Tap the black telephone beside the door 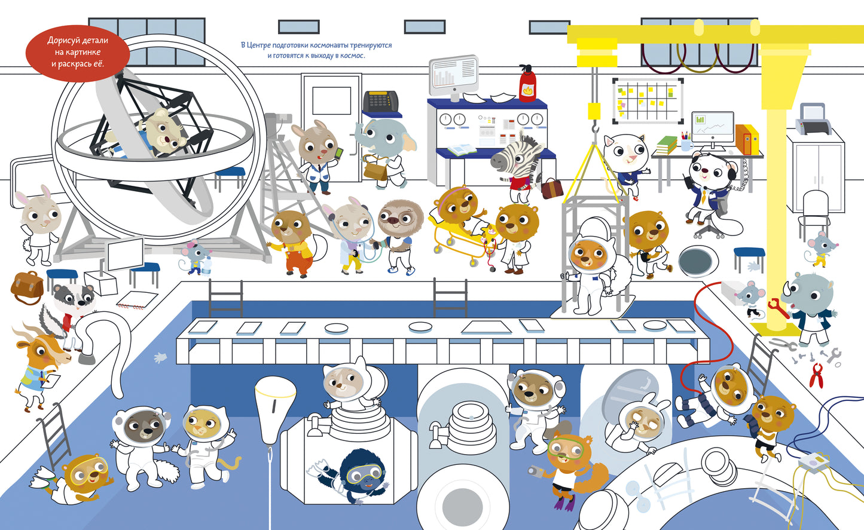pos(381,101)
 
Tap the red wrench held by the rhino pos(776,307)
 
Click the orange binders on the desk pos(747,139)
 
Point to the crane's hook pos(594,128)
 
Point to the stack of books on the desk pos(667,144)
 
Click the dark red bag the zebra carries pos(551,188)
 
